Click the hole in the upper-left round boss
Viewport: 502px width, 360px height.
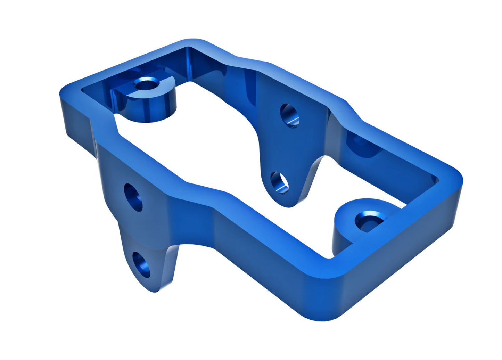point(146,84)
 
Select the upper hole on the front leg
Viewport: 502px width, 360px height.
point(133,197)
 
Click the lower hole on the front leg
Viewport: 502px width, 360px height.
point(142,265)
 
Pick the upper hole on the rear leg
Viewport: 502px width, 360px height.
point(289,115)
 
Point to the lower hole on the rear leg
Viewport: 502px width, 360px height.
point(279,183)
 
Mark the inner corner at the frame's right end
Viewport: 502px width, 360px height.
point(436,181)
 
